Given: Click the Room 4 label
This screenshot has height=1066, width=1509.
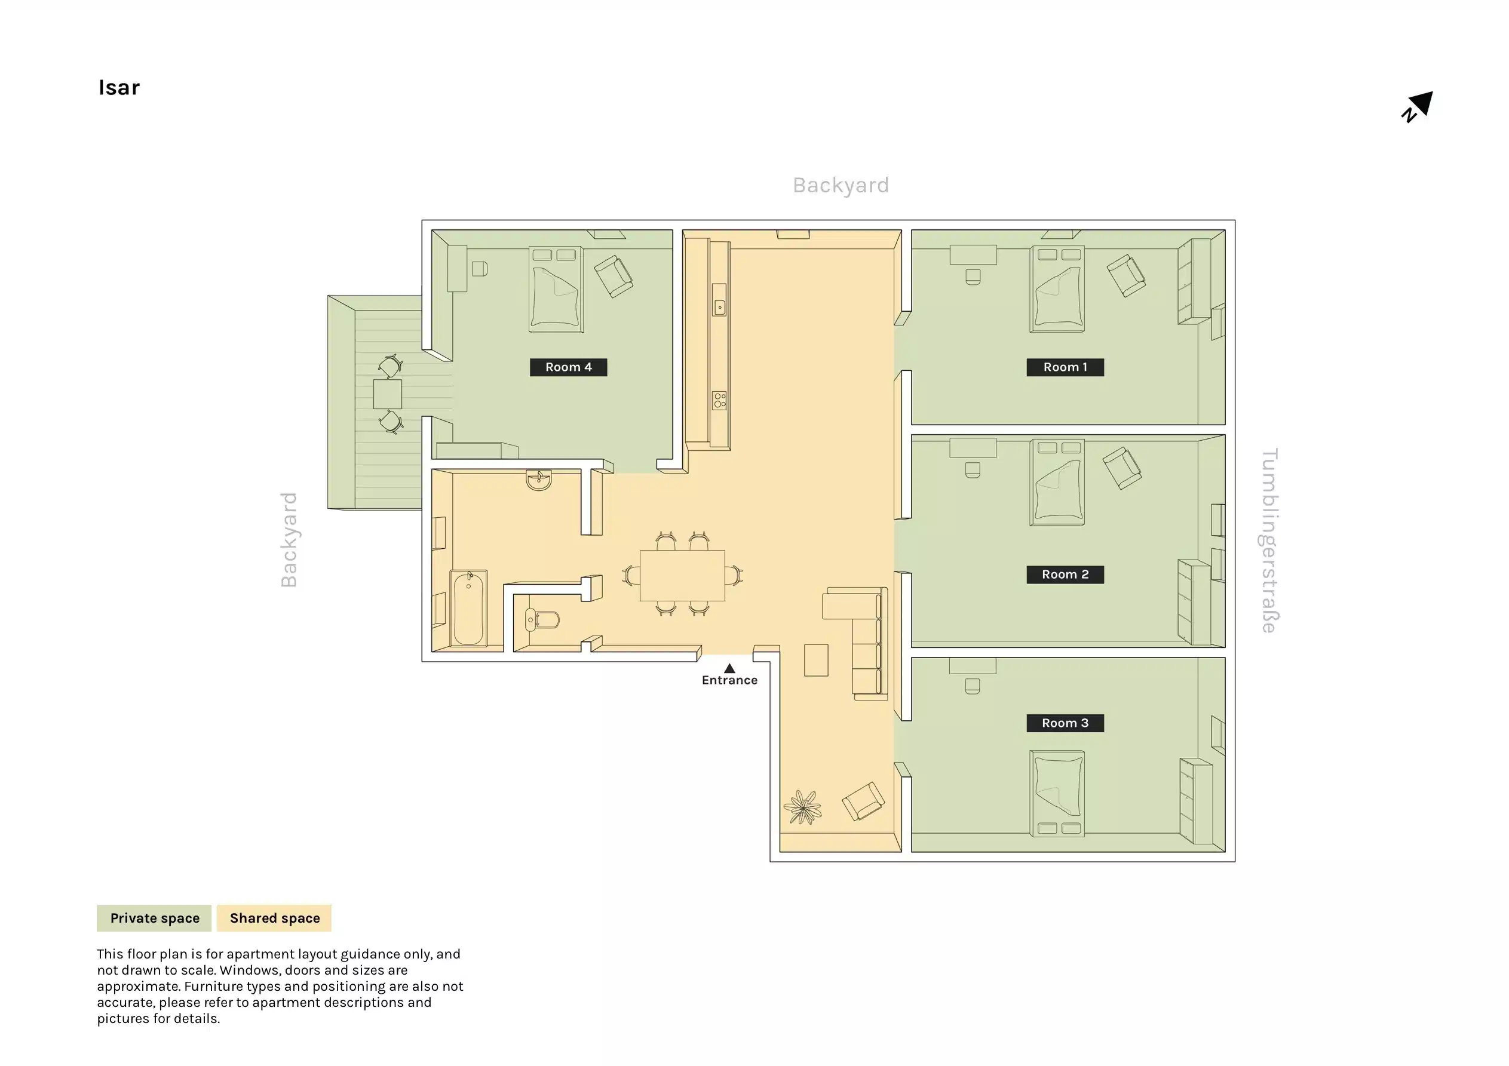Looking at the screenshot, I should coord(568,367).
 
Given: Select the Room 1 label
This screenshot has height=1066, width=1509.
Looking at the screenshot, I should coord(1065,367).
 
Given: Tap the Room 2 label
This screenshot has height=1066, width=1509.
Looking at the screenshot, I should coord(1065,575).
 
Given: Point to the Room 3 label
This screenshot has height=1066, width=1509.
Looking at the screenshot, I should coord(1065,723).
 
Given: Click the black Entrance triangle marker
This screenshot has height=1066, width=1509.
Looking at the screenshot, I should coord(729,668).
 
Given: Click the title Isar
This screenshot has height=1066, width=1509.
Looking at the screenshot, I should coord(119,87).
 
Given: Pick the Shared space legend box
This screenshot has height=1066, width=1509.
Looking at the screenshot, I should coord(274,918).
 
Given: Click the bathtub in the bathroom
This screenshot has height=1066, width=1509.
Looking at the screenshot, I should coord(468,609).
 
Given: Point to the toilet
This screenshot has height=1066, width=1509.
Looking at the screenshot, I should coord(542,619).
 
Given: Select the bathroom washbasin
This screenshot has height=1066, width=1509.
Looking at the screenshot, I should coord(539,480).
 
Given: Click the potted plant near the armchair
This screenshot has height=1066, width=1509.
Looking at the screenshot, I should coord(802,806).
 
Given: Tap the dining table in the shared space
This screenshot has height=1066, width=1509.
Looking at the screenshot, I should coord(682,576).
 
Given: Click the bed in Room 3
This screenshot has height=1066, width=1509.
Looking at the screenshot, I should coord(1057,793).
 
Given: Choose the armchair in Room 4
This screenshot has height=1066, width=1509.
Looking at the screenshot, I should coord(613,276).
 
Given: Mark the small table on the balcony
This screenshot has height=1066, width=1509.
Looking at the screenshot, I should coord(387,394).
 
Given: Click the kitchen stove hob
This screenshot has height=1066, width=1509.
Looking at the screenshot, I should coord(720,400).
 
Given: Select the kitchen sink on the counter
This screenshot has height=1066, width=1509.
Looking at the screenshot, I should coord(720,307).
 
